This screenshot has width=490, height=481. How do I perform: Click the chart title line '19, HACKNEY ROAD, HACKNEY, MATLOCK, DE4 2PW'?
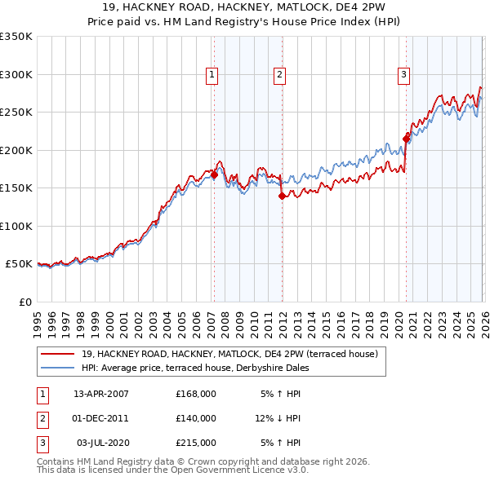(245, 7)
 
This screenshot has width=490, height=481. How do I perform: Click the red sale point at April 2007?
(214, 174)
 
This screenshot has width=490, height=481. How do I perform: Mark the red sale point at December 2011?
(281, 196)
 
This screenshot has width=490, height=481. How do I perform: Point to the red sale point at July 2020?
(406, 139)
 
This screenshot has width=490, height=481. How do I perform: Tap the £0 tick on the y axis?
(24, 302)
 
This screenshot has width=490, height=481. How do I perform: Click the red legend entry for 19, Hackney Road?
(229, 355)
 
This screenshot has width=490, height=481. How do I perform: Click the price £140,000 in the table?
(196, 418)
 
